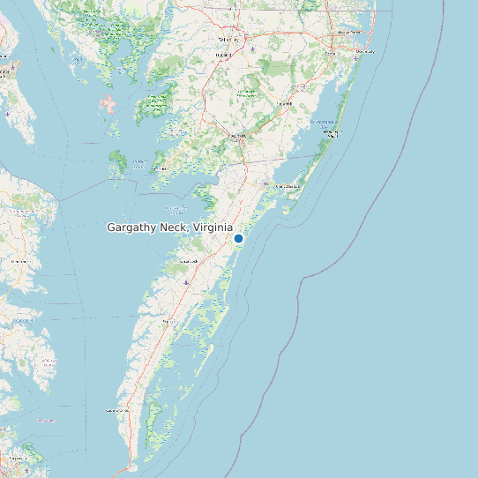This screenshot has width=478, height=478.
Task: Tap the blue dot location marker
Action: click(x=238, y=238)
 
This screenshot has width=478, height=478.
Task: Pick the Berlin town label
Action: click(x=331, y=53)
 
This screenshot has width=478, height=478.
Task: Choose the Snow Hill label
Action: click(x=284, y=103)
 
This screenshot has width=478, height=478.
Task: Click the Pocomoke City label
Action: click(x=236, y=136)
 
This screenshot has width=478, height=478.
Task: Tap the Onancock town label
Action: click(x=188, y=262)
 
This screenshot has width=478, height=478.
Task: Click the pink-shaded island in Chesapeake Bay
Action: click(x=108, y=107)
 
